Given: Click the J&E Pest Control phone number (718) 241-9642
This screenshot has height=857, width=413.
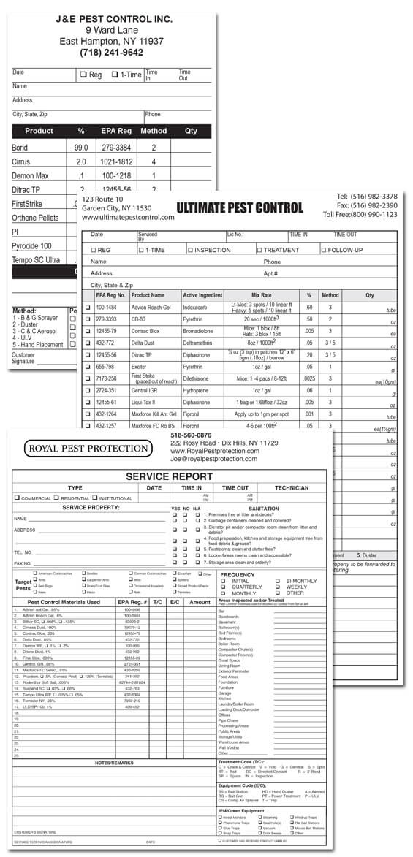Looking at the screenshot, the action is pyautogui.click(x=112, y=53).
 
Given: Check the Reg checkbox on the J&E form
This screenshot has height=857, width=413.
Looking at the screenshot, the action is pyautogui.click(x=83, y=75).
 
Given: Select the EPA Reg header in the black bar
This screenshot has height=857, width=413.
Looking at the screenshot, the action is pyautogui.click(x=116, y=131).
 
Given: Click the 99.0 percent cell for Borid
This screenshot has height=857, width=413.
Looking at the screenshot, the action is pyautogui.click(x=80, y=148).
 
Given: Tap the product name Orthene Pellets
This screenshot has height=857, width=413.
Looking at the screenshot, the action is pyautogui.click(x=36, y=218).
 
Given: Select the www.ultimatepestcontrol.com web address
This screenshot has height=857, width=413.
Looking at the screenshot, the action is pyautogui.click(x=128, y=218).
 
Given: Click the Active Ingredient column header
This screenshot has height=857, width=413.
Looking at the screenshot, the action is pyautogui.click(x=202, y=294).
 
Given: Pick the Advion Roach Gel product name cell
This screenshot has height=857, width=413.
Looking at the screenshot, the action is pyautogui.click(x=151, y=308).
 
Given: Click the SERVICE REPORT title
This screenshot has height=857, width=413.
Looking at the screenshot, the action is pyautogui.click(x=168, y=476).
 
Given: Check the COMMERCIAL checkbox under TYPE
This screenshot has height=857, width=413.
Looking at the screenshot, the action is pyautogui.click(x=17, y=498).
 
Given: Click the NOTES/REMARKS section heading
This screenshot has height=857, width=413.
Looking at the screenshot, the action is pyautogui.click(x=115, y=763).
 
